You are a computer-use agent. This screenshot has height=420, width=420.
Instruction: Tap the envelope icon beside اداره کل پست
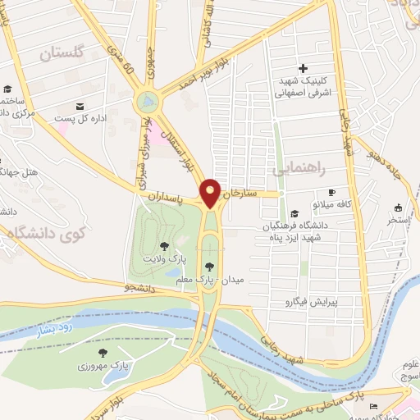pos(80,107)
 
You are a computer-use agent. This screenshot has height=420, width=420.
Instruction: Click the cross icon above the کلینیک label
pos(303,68)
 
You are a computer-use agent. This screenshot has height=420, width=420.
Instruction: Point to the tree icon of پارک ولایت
pos(164,245)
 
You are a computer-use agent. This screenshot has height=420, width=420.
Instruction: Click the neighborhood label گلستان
pos(62,53)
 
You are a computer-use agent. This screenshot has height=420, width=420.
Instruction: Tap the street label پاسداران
pos(170,199)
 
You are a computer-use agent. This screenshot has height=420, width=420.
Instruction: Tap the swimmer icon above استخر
pos(398,208)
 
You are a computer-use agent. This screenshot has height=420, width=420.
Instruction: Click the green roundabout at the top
pos(148,103)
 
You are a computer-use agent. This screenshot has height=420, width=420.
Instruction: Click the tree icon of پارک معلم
pos(209,266)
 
